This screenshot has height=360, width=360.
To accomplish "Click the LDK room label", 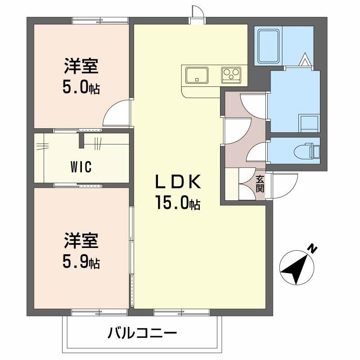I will point(177,182).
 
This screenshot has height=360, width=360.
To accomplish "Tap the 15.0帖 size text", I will point(178,203).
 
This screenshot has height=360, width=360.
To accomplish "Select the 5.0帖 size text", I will point(81,87).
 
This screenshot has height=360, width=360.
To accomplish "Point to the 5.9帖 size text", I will point(81,262).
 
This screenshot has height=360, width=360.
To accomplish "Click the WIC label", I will point(81,167).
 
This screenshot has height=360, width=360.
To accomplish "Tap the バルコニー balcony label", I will point(142,334).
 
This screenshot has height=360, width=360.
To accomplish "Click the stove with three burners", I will point(231,74).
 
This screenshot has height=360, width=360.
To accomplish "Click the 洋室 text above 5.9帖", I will point(81,241).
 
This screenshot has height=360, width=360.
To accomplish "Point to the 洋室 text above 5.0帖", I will point(81,67).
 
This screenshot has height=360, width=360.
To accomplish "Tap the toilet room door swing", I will point(257,152).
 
